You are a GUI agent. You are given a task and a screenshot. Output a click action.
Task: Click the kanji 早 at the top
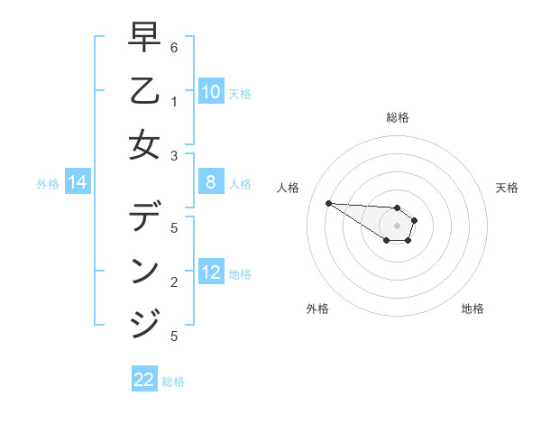pyautogui.click(x=144, y=39)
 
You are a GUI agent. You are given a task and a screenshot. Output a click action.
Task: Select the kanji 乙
pyautogui.click(x=144, y=91)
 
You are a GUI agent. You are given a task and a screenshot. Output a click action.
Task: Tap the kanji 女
pyautogui.click(x=144, y=144)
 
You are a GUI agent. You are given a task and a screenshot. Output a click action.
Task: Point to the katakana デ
pyautogui.click(x=145, y=216)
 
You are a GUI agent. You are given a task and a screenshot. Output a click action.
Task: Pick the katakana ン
pyautogui.click(x=144, y=270)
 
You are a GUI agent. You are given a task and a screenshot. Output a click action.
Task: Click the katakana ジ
pyautogui.click(x=145, y=323)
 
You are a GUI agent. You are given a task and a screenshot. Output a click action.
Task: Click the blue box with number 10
pyautogui.click(x=211, y=92)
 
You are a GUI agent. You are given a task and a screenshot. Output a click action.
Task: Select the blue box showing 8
pyautogui.click(x=211, y=183)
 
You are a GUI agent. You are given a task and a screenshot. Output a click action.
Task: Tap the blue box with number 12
pyautogui.click(x=211, y=272)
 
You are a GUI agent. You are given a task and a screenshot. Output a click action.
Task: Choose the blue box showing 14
pyautogui.click(x=78, y=183)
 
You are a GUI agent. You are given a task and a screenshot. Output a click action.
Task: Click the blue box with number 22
pyautogui.click(x=144, y=380)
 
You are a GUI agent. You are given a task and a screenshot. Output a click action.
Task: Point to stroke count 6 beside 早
pyautogui.click(x=174, y=47)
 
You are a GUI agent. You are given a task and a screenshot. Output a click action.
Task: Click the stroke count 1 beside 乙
pyautogui.click(x=174, y=102)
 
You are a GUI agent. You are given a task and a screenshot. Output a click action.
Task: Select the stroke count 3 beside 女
pyautogui.click(x=174, y=155)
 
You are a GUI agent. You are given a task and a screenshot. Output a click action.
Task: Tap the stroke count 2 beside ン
pyautogui.click(x=174, y=282)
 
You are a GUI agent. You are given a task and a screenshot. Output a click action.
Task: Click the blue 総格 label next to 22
pyautogui.click(x=173, y=382)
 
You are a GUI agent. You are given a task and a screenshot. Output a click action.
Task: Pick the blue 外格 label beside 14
pyautogui.click(x=48, y=184)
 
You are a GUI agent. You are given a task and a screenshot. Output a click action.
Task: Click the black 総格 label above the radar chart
pyautogui.click(x=397, y=117)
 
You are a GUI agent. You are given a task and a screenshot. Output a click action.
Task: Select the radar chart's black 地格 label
pyautogui.click(x=472, y=309)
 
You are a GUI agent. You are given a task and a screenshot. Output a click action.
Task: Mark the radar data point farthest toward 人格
pyautogui.click(x=328, y=203)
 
